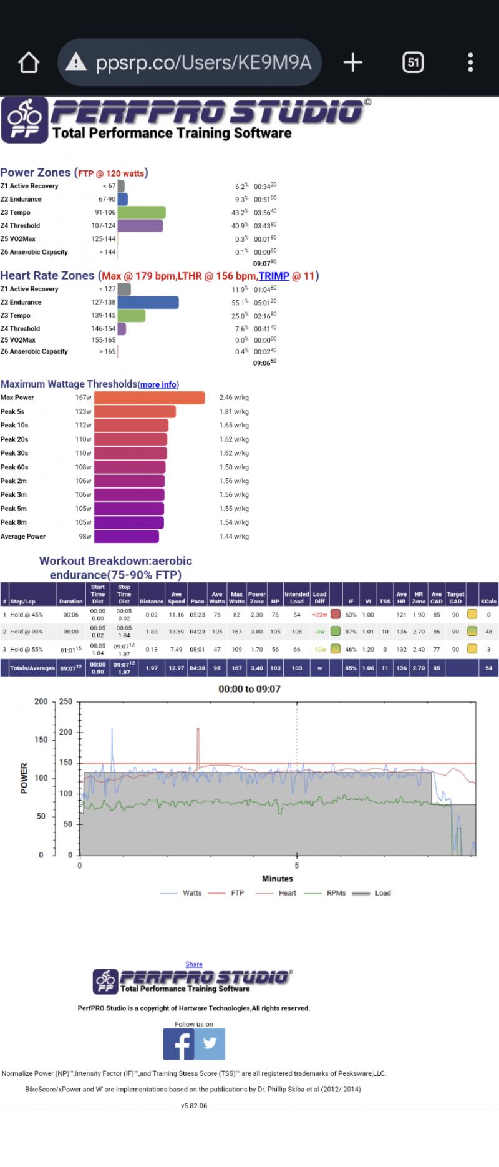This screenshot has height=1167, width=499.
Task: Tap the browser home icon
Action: point(29,62)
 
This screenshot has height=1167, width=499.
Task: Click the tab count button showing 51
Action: point(412,62)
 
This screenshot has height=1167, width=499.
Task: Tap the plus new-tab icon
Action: point(353,62)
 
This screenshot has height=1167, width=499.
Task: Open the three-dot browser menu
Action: point(470,62)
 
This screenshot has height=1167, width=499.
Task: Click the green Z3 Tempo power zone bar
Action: point(142,213)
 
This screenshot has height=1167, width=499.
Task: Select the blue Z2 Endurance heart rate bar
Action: point(148,303)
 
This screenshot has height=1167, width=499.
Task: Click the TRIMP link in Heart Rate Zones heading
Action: point(274,276)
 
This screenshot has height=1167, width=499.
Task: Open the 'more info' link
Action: point(158,385)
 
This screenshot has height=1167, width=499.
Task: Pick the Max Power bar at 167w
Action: point(149,398)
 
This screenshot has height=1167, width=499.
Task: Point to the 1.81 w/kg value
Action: point(234,412)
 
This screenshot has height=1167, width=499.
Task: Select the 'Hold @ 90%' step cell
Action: point(27,632)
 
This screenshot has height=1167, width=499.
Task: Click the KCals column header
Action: point(488,602)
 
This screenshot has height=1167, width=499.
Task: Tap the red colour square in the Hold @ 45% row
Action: point(336,615)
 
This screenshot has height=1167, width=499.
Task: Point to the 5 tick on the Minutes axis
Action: point(297,866)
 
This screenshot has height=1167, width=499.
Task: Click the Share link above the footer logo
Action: point(194,964)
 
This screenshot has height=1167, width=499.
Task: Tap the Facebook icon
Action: point(178,1044)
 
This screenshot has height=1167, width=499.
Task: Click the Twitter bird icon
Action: point(210,1044)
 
